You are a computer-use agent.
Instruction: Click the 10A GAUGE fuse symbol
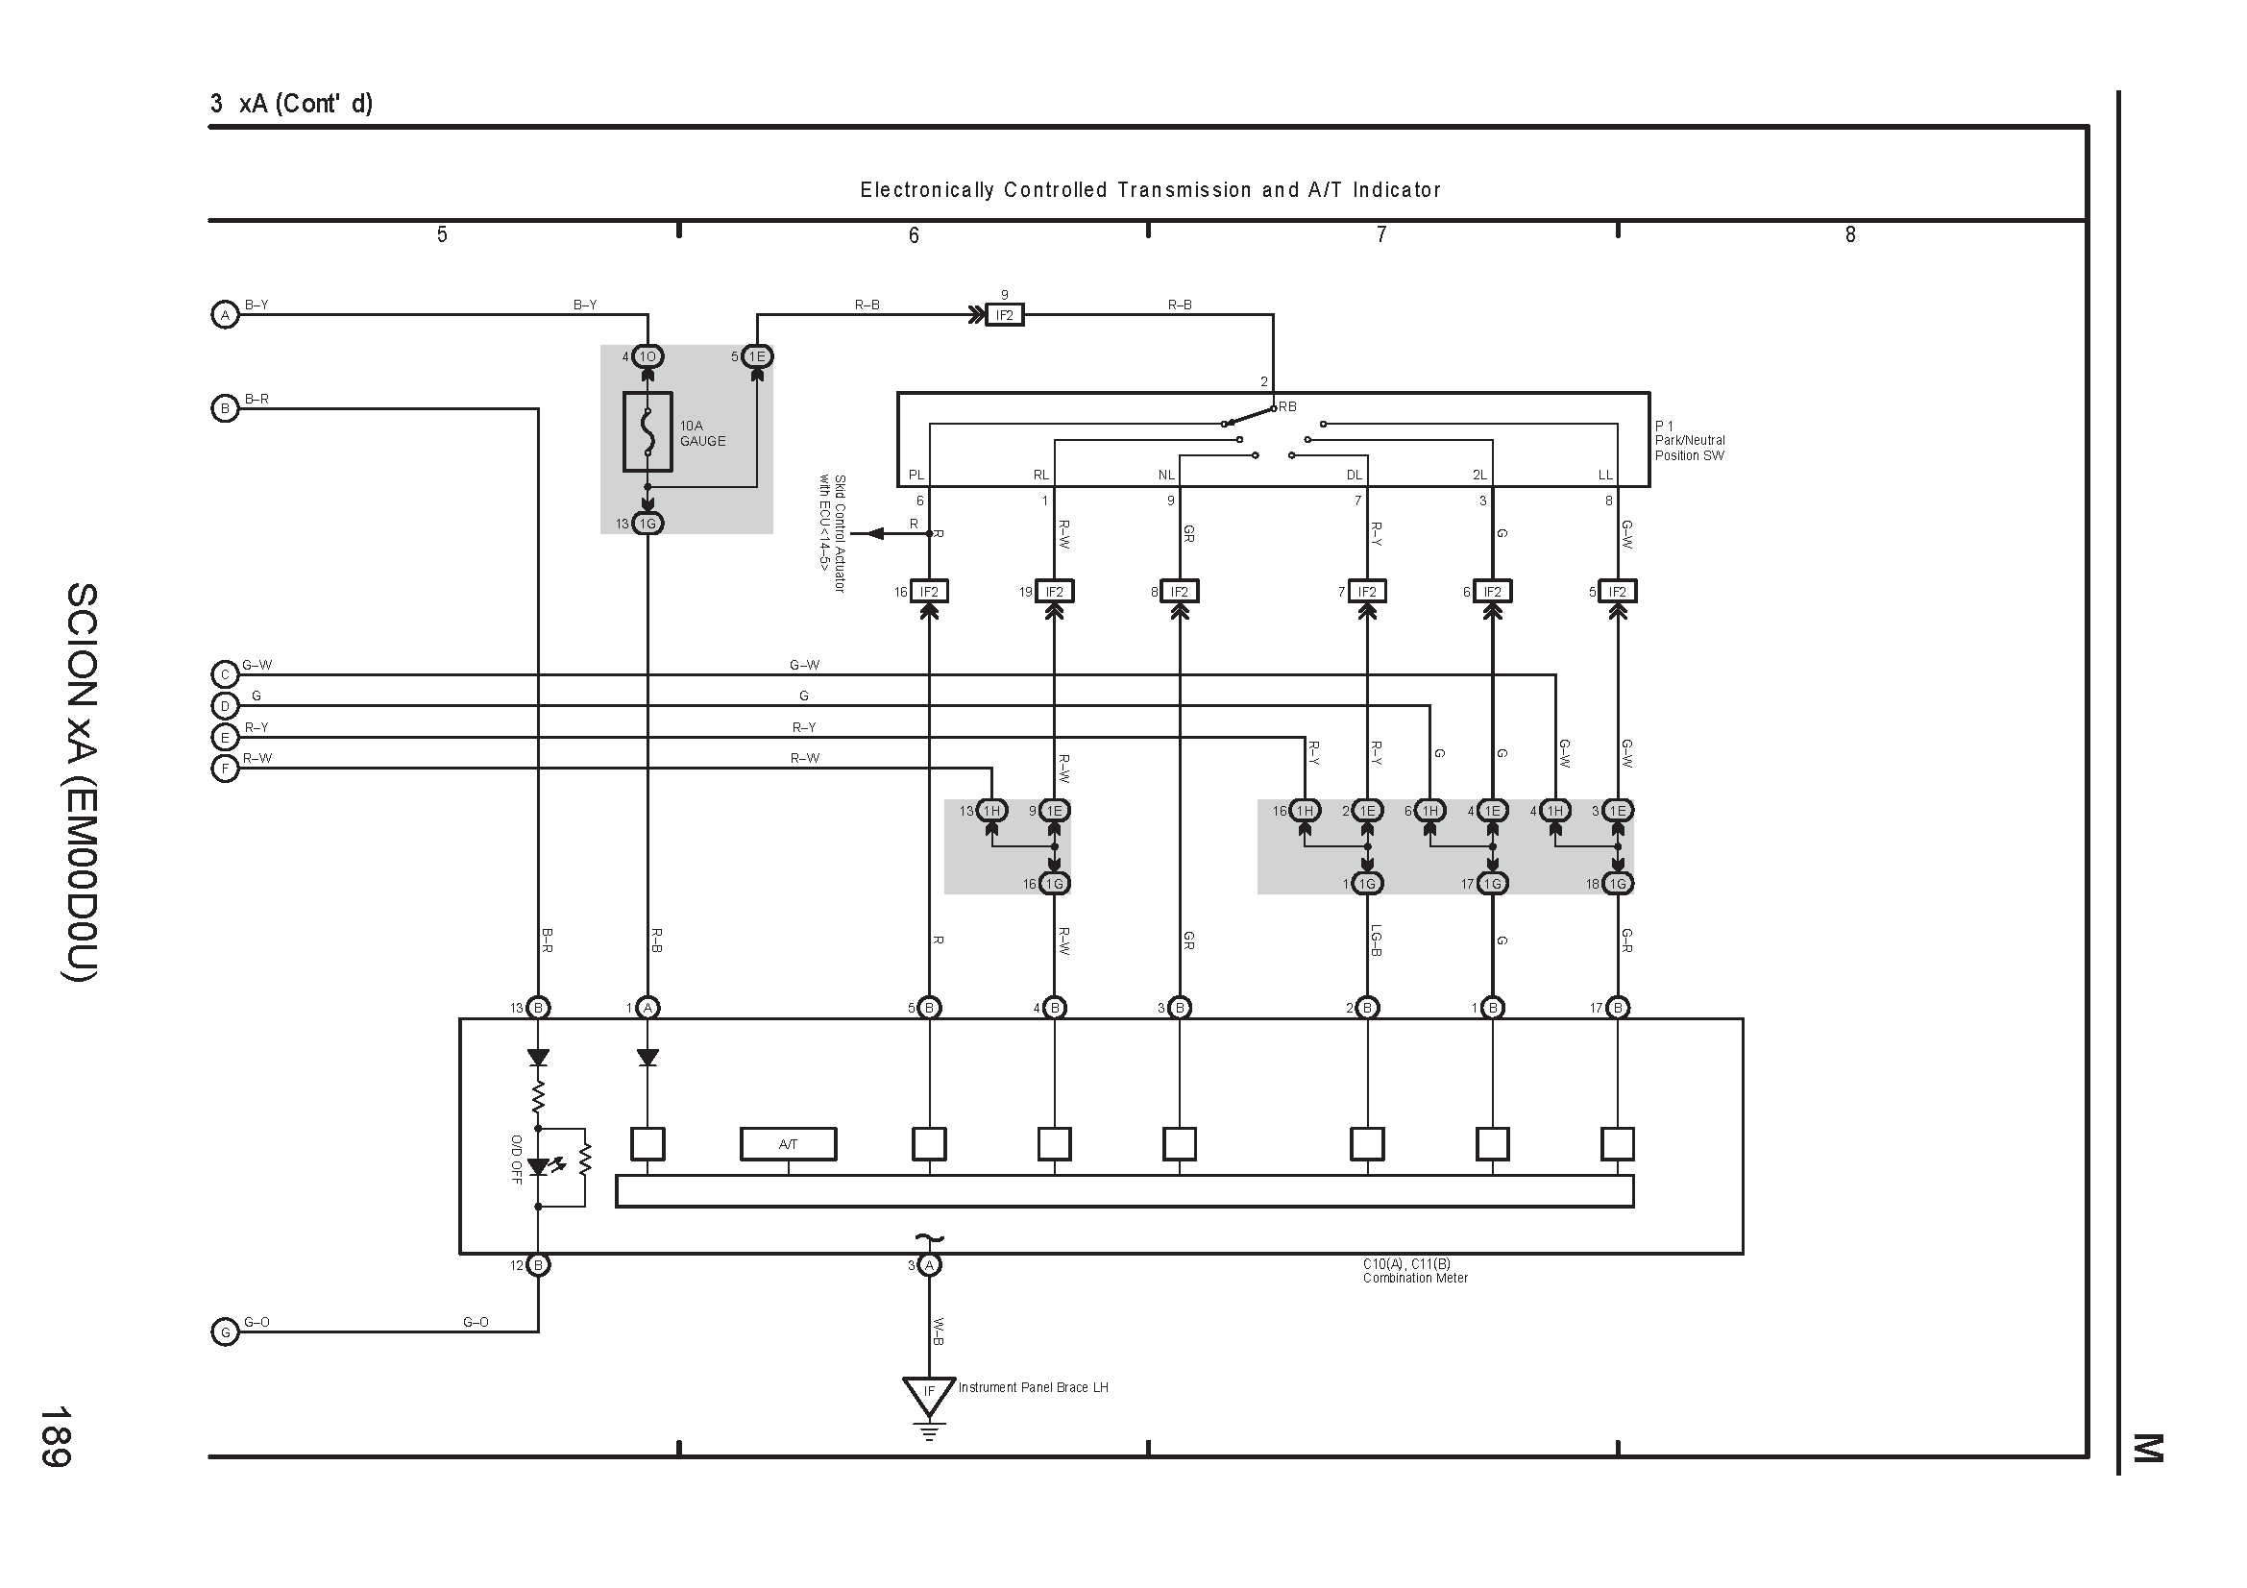(x=647, y=431)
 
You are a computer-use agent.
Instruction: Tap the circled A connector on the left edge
(x=225, y=315)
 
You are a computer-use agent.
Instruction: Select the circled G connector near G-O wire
(x=225, y=1332)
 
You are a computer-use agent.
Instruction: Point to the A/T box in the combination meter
(x=788, y=1144)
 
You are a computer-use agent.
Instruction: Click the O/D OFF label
(x=516, y=1160)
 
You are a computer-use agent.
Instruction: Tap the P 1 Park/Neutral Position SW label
(x=1690, y=440)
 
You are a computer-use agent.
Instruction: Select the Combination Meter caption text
(x=1415, y=1278)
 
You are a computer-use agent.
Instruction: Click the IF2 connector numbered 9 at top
(x=1004, y=315)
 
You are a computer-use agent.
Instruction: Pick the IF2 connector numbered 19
(x=1054, y=592)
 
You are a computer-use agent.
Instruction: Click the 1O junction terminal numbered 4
(x=647, y=357)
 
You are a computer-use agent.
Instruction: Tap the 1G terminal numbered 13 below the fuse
(x=647, y=524)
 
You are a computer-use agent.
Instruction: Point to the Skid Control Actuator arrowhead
(x=875, y=533)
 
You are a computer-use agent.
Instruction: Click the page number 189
(x=55, y=1436)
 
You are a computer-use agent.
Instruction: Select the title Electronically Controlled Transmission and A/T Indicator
(x=1150, y=190)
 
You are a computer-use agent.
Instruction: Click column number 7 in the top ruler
(x=1380, y=233)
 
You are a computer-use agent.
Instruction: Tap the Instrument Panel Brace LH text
(x=1034, y=1387)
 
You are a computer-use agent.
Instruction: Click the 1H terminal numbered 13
(x=991, y=811)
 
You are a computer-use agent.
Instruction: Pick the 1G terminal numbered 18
(x=1618, y=884)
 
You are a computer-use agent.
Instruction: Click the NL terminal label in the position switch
(x=1165, y=475)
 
